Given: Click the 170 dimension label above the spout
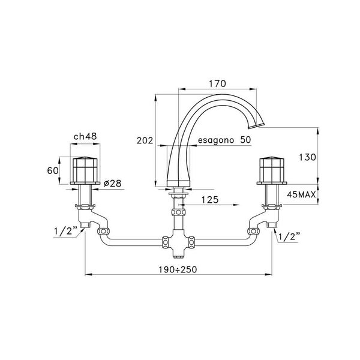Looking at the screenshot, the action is pos(217,83).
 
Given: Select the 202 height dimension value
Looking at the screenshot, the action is pos(145,140).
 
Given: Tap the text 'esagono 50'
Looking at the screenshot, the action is pos(224,140).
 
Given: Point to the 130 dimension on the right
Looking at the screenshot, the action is pos(307,157).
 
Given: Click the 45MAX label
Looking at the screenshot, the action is pos(301,194).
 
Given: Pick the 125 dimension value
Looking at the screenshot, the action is pos(210,200).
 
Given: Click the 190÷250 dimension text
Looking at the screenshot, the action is pos(178,269).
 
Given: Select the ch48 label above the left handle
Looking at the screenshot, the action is pos(85,136).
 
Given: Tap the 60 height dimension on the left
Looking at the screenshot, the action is pos(53,170).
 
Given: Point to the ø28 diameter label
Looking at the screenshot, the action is pos(113,183).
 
